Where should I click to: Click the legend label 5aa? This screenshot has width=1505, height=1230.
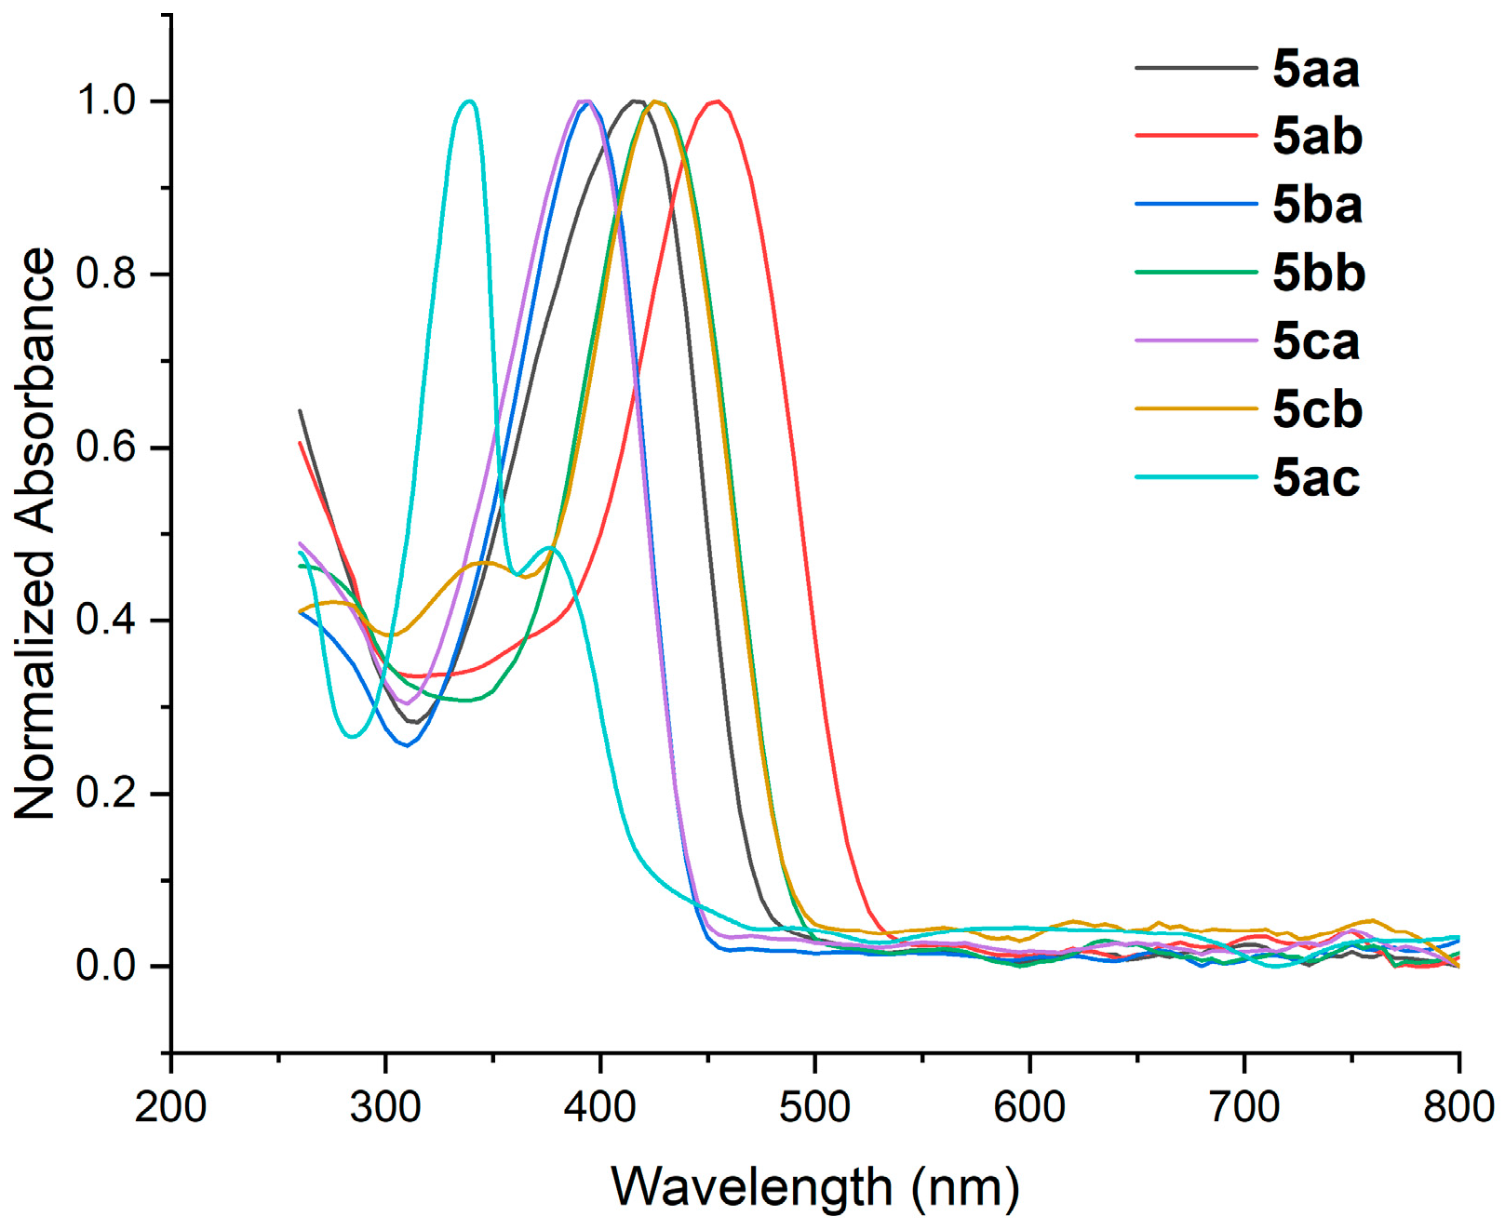tap(1315, 70)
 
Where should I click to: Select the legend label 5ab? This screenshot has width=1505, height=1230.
tap(1317, 138)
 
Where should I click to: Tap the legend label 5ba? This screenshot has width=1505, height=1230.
tap(1317, 206)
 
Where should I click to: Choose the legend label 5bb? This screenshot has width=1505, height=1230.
tap(1319, 274)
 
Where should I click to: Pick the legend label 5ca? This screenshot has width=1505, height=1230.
tap(1315, 342)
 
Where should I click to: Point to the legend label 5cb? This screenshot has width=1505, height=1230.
tap(1317, 410)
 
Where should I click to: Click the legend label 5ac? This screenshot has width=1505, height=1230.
tap(1315, 478)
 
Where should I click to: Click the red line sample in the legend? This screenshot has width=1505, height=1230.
tap(1196, 136)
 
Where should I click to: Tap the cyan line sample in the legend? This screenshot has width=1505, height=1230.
tap(1196, 477)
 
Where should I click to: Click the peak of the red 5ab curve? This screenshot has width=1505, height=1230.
tap(716, 100)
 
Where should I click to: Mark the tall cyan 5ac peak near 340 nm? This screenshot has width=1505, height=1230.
tap(469, 100)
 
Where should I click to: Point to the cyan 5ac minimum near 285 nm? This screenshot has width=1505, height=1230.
tap(352, 737)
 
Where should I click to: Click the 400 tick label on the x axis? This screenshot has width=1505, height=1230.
tap(600, 1107)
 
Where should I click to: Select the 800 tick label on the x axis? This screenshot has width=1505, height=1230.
tap(1458, 1107)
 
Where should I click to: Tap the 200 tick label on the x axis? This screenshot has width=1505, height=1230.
tap(171, 1107)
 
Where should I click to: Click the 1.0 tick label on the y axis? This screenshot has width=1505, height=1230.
tap(106, 100)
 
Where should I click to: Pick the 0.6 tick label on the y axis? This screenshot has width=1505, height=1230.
tap(106, 448)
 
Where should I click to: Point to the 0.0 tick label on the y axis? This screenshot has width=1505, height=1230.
tap(106, 967)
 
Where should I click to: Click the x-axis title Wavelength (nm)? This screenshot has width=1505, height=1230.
tap(814, 1187)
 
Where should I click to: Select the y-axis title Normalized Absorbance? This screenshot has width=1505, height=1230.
tap(35, 533)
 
